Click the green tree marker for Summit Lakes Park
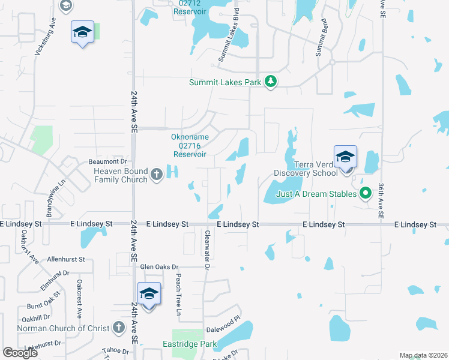(271, 82)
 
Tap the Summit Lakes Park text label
(226, 82)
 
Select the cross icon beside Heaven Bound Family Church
(157, 175)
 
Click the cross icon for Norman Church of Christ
(119, 328)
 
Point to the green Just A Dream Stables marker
(364, 193)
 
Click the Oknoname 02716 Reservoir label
(189, 145)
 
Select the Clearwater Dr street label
(206, 251)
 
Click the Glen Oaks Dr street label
(159, 266)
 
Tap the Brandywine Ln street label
(50, 199)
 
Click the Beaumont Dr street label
(108, 161)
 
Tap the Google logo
(20, 353)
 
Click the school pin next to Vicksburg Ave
(82, 32)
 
